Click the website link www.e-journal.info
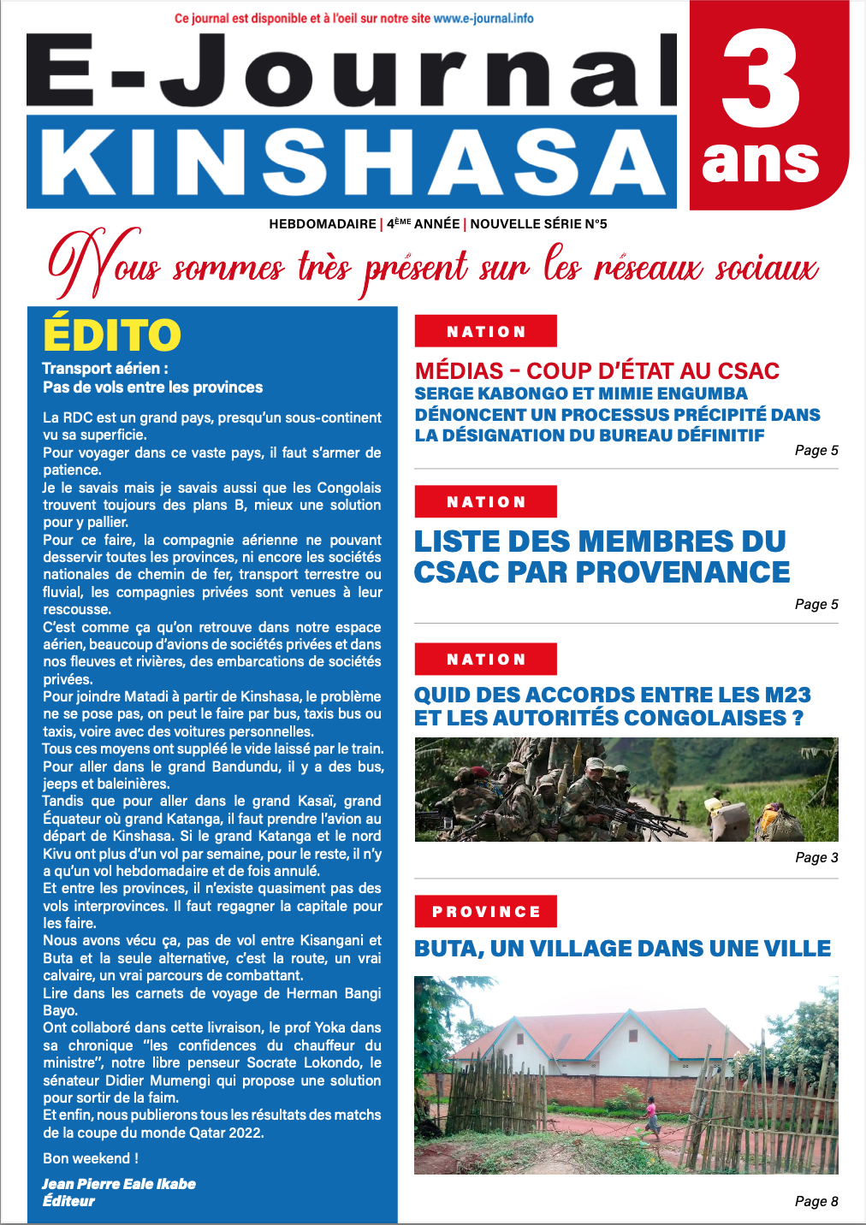pos(483,18)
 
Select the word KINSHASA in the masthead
pos(352,163)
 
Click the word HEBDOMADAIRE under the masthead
pos(323,224)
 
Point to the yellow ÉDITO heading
pos(112,335)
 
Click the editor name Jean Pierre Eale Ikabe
pos(119,1184)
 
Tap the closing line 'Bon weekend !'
pos(91,1158)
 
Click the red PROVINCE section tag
pos(485,912)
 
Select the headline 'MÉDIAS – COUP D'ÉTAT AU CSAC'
pos(596,371)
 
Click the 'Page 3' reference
pos(816,857)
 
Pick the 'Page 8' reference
pos(816,1201)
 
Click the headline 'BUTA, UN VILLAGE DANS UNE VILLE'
pos(622,949)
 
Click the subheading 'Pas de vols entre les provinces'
pos(153,388)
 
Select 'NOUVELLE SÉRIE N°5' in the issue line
pos(538,224)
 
